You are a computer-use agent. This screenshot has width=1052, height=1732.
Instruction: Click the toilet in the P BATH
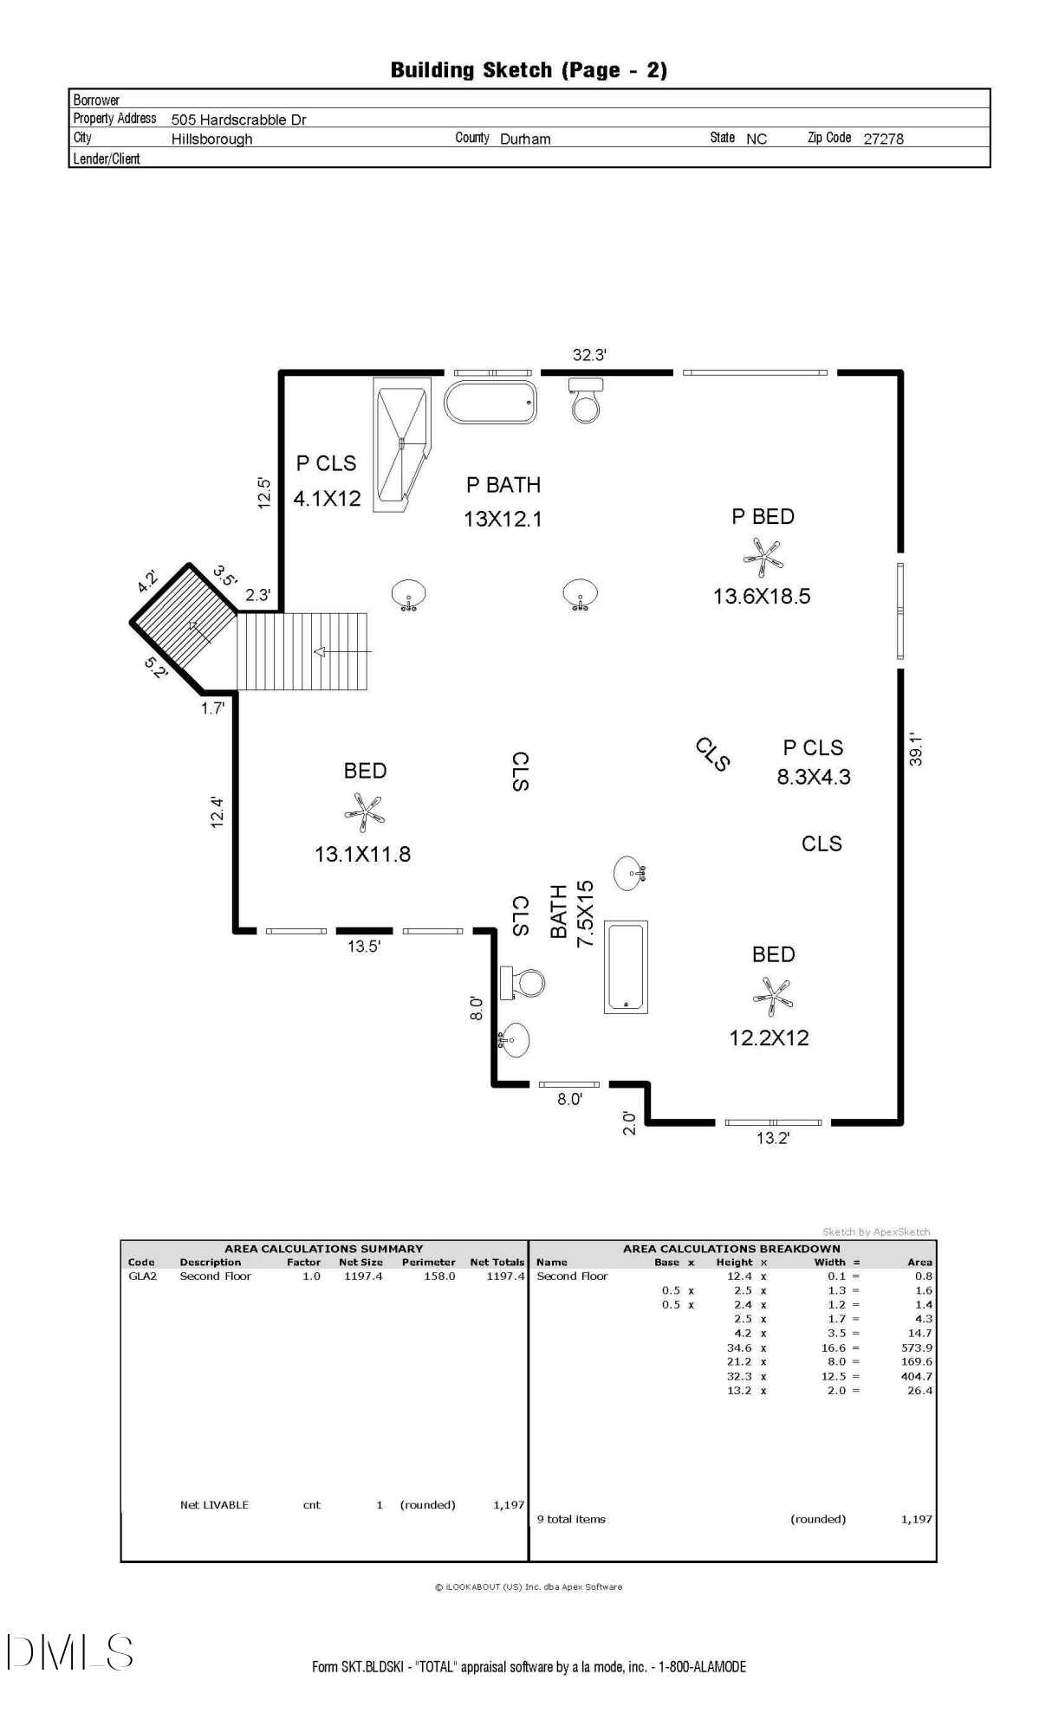point(586,400)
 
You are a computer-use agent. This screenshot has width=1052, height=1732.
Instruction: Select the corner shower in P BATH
point(402,443)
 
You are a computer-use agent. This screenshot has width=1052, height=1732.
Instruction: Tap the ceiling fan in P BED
point(763,558)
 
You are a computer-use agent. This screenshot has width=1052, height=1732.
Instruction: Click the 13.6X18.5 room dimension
point(762,596)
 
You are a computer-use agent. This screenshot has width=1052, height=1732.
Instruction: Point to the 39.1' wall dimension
point(917,750)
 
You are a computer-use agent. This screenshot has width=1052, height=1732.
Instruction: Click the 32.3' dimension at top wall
point(589,355)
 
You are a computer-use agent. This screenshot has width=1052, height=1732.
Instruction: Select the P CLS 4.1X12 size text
point(327,499)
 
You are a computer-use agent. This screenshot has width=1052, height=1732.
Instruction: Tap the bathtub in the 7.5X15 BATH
point(626,966)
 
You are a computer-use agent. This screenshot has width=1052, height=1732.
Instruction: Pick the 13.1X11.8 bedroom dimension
point(362,855)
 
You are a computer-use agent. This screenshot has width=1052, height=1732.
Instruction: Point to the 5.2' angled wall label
point(155,668)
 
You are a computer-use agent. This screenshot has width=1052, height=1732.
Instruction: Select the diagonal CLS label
point(713,753)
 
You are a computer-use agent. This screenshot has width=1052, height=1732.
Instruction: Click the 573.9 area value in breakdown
point(916,1347)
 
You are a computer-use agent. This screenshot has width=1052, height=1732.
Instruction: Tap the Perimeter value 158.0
point(438,1276)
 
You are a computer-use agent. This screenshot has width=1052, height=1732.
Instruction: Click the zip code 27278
point(883,139)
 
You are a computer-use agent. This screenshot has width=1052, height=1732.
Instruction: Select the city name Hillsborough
point(211,139)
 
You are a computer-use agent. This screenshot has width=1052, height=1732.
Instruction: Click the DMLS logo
point(69,1652)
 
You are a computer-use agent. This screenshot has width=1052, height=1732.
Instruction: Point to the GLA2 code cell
point(143,1276)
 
